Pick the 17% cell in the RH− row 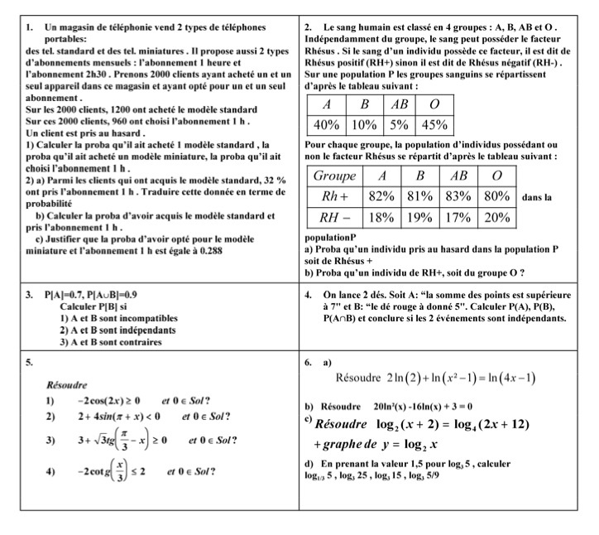click(x=458, y=218)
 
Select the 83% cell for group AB click(x=458, y=197)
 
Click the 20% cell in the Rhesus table click(x=496, y=218)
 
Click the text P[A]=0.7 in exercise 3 click(x=68, y=294)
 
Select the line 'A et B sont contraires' click(x=113, y=340)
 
